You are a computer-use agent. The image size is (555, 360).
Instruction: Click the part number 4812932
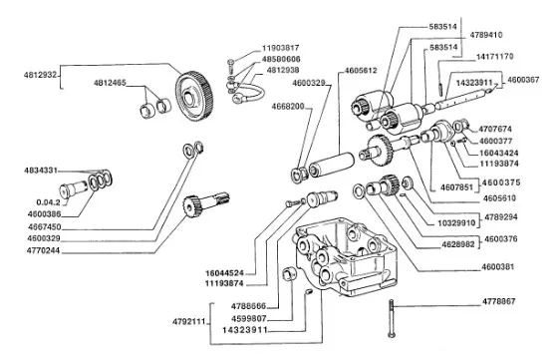click(x=40, y=75)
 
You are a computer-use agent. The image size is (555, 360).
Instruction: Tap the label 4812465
click(x=110, y=83)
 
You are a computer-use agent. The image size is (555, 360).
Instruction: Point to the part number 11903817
click(x=280, y=48)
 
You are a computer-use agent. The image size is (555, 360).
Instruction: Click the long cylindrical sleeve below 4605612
click(x=332, y=165)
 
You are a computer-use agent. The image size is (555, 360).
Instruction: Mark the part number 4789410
click(x=485, y=35)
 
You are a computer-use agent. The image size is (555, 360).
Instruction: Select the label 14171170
click(x=494, y=57)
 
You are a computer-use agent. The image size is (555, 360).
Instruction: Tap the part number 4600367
click(x=523, y=80)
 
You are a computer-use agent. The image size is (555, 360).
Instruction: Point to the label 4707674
click(x=495, y=130)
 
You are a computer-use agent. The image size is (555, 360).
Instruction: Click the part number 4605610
click(x=499, y=198)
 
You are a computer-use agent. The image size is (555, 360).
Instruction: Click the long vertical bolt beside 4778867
click(x=392, y=318)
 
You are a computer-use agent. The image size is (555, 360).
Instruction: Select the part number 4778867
click(x=499, y=301)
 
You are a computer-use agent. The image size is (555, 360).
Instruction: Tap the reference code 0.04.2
click(x=48, y=202)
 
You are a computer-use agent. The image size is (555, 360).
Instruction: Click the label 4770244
click(x=43, y=251)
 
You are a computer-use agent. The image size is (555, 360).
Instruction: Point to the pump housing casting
click(x=345, y=257)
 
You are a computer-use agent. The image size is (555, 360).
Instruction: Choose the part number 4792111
click(x=189, y=322)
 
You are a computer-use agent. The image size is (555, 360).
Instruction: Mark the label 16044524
click(x=224, y=273)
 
